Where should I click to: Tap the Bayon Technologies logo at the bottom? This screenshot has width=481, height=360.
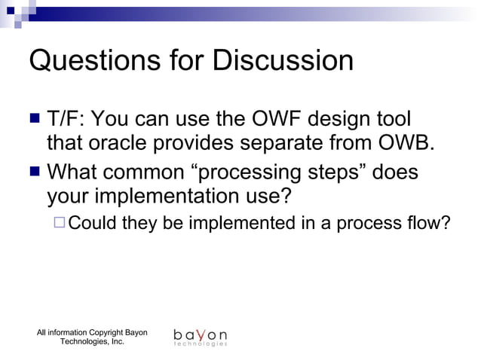(x=200, y=337)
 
